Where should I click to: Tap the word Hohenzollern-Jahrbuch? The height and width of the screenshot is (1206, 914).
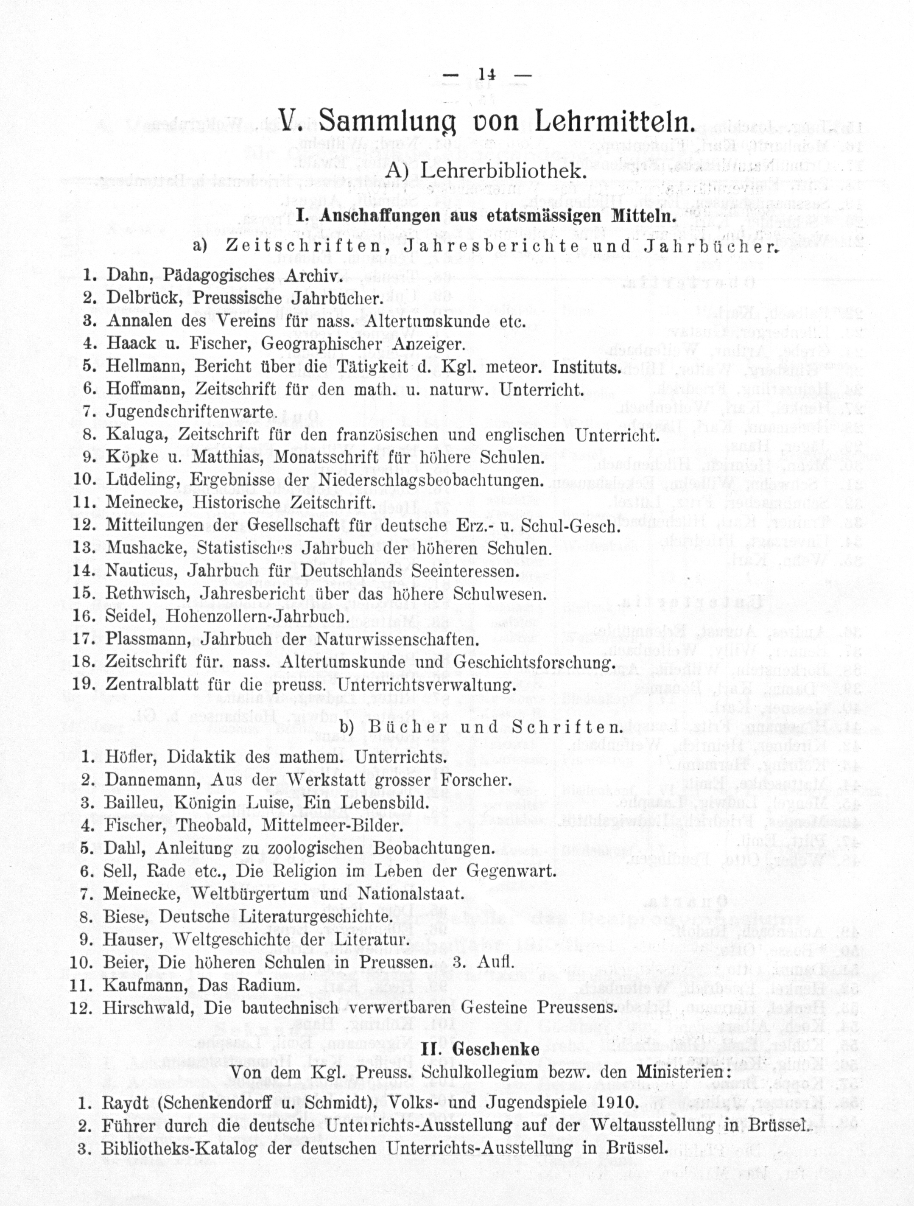[x=256, y=616]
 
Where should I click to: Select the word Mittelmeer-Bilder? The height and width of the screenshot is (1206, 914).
[x=332, y=825]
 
